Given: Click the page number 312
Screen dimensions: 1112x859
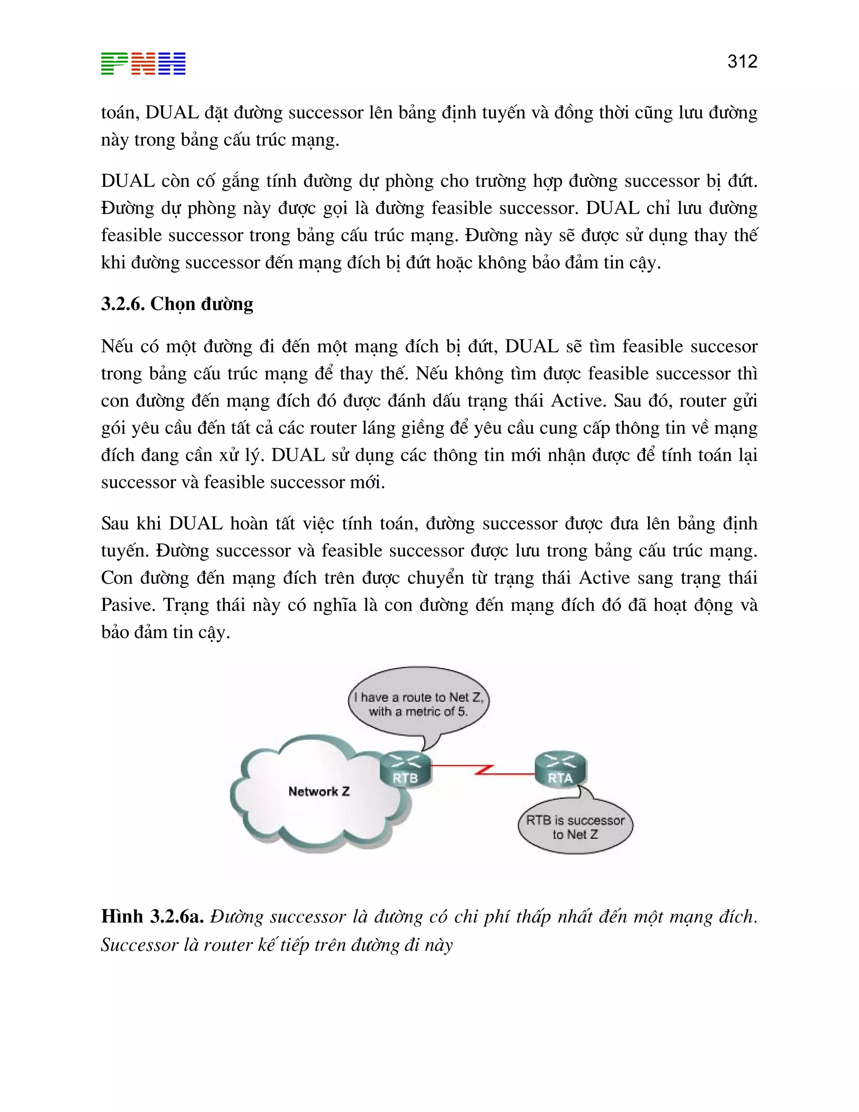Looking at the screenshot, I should (742, 62).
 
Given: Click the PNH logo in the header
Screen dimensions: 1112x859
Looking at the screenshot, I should (143, 64).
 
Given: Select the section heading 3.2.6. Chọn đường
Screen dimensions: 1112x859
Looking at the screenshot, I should (177, 304).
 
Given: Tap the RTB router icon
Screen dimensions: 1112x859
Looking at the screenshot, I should (406, 769).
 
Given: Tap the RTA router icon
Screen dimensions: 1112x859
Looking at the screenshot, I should (560, 769).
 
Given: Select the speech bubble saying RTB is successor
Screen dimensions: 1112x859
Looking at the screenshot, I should (575, 827).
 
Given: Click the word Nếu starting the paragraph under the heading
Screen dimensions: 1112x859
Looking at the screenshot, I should (117, 347).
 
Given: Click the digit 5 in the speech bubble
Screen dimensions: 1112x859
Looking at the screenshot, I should (461, 712).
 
